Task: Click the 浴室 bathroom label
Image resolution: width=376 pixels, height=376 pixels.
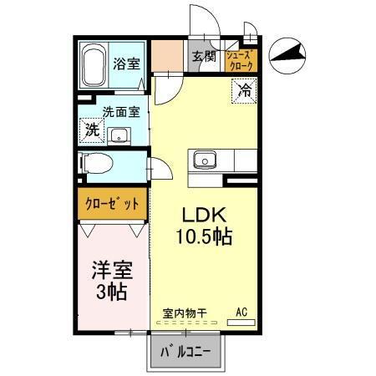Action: coord(128,62)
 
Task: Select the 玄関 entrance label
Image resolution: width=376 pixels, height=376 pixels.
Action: coord(204,57)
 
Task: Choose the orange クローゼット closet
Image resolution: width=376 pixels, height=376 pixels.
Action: coord(113,203)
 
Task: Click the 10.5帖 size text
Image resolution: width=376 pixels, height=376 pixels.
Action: coord(203,236)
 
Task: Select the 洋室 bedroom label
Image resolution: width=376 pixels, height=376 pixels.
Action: coord(108,272)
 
